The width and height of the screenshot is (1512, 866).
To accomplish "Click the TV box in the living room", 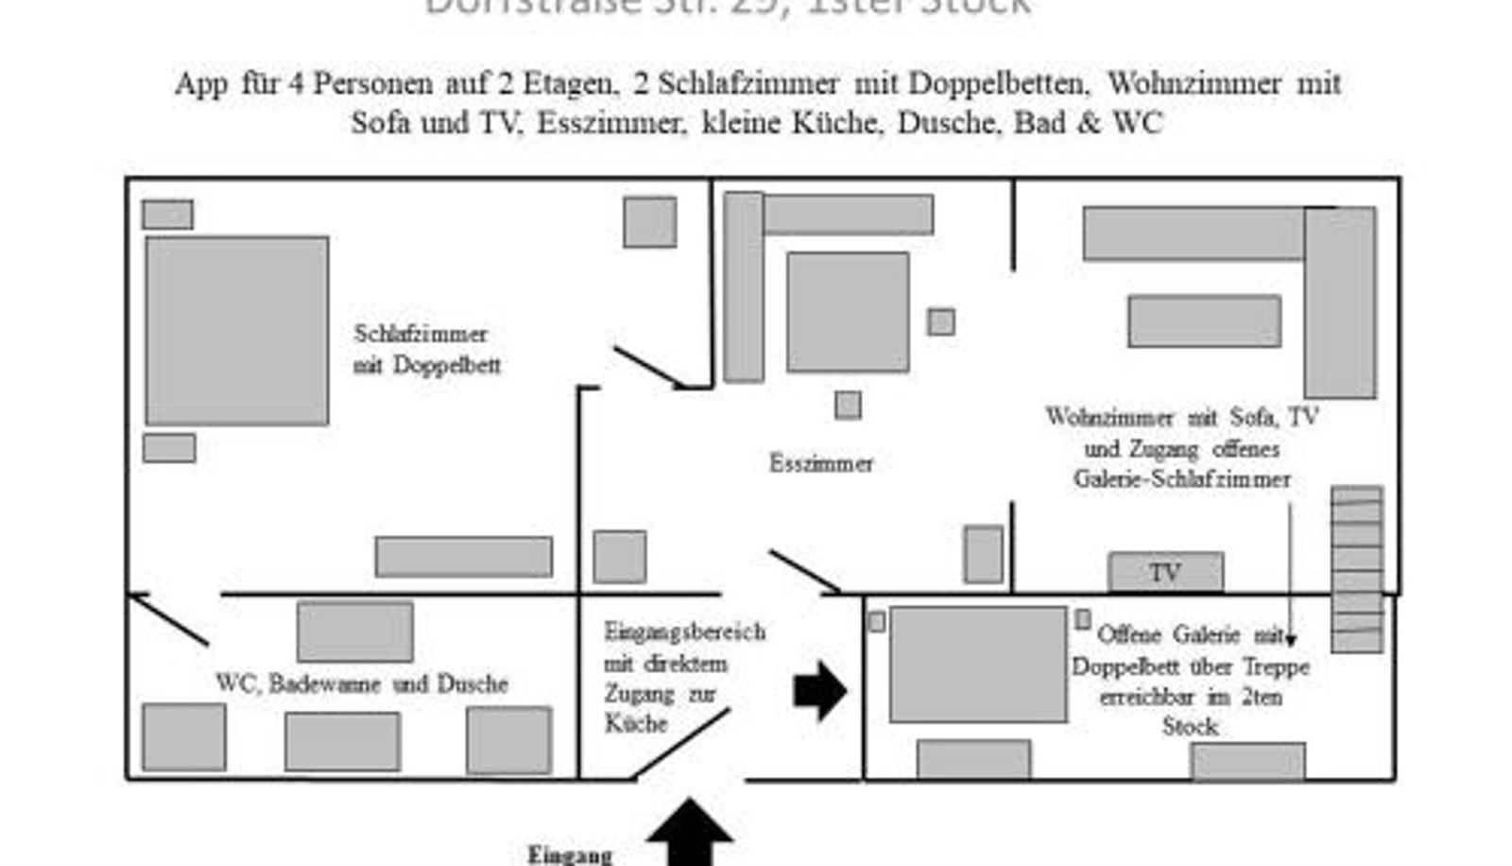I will click(x=1164, y=572).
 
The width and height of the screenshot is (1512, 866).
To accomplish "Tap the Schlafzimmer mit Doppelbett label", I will click(x=425, y=349).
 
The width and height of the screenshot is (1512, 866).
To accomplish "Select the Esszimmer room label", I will click(x=820, y=463).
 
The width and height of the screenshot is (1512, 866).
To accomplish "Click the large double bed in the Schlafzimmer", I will click(x=236, y=330).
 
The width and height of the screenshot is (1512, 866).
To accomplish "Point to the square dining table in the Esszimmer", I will click(x=848, y=311).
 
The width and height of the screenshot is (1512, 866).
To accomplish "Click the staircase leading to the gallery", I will click(x=1356, y=569).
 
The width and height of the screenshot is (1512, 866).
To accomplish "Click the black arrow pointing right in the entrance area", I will click(x=818, y=691).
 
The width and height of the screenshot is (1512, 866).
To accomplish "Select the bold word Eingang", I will click(x=570, y=855).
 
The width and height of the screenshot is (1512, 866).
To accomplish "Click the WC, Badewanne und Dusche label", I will click(x=361, y=684).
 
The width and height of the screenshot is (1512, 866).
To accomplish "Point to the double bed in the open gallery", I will click(x=977, y=664).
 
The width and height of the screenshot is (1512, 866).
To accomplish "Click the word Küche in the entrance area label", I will click(x=636, y=724).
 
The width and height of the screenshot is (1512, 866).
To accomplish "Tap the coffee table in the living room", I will click(x=1204, y=320).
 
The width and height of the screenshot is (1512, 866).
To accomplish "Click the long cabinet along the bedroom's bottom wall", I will click(x=463, y=557).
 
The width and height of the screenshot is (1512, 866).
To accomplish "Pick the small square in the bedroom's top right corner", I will click(x=649, y=222).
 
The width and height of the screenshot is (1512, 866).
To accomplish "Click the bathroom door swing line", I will click(x=170, y=620).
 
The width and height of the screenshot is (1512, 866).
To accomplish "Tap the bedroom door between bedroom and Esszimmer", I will click(x=650, y=367).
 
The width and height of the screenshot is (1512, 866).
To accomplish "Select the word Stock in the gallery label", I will click(x=1190, y=727).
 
